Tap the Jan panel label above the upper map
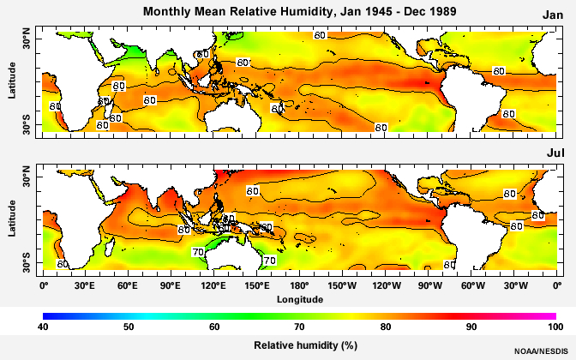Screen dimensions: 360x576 pos(552,15)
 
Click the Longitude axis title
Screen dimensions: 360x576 pos(300,300)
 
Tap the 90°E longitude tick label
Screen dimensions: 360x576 pos(171,285)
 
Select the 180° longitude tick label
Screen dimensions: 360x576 pos(300,285)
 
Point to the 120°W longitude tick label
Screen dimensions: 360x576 pos(386,285)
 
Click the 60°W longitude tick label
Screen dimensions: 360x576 pos(471,285)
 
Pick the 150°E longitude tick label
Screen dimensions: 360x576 pos(256,285)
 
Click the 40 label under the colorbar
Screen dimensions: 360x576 pos(43,327)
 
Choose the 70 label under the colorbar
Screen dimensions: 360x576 pos(300,327)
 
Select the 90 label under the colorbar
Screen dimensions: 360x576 pos(471,327)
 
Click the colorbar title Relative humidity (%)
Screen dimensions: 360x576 pos(300,345)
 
